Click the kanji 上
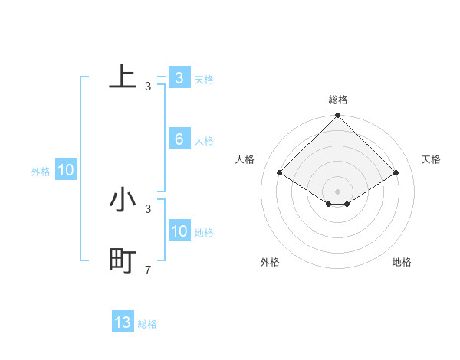(123, 77)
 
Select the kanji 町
(123, 261)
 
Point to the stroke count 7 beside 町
(148, 270)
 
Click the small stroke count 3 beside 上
(148, 87)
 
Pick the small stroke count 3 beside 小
(148, 208)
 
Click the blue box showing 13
(123, 322)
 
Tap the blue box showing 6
(179, 139)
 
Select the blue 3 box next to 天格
(179, 77)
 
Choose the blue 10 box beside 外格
(65, 170)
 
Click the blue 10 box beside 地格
(179, 231)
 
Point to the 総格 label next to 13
(147, 324)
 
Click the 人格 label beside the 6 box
(204, 141)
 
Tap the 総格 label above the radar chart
(337, 100)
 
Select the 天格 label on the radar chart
(431, 159)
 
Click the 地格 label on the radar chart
(402, 262)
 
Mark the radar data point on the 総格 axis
(337, 116)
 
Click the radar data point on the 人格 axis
(279, 172)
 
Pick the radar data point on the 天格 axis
(396, 172)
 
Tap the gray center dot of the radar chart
(337, 191)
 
